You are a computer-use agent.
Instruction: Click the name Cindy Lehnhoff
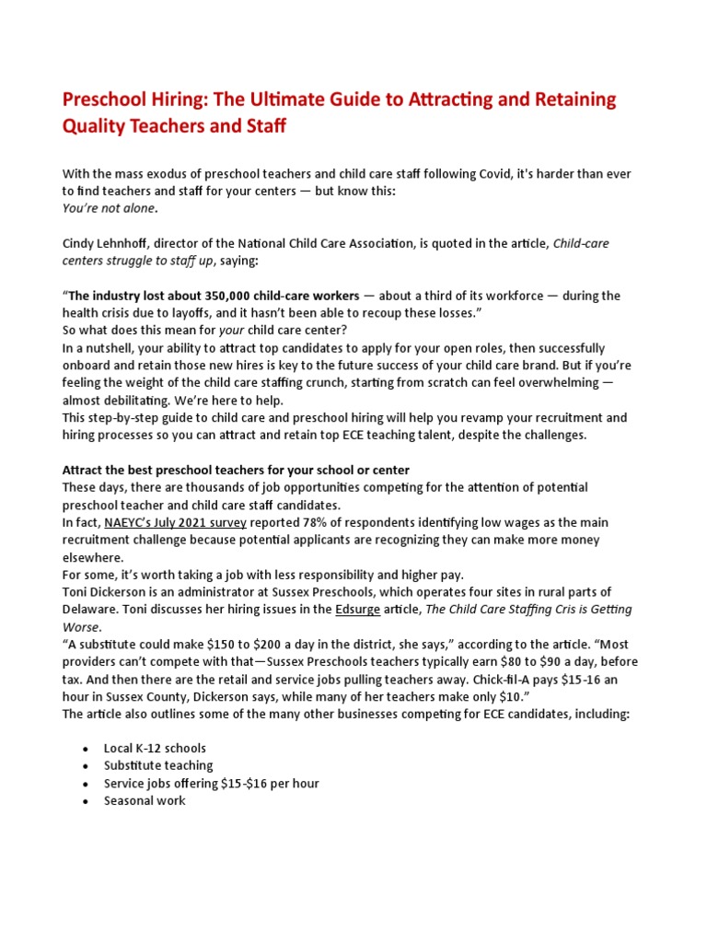[108, 243]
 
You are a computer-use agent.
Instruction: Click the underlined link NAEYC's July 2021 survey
[175, 522]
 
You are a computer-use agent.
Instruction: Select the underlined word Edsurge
[360, 609]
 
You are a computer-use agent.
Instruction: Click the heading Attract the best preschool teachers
[236, 470]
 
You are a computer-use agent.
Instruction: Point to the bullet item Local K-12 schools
[155, 749]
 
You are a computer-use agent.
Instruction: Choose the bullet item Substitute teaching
[157, 766]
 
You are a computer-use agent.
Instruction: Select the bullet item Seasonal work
[145, 801]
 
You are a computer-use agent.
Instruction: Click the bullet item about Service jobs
[211, 784]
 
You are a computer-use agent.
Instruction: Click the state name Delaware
[90, 609]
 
